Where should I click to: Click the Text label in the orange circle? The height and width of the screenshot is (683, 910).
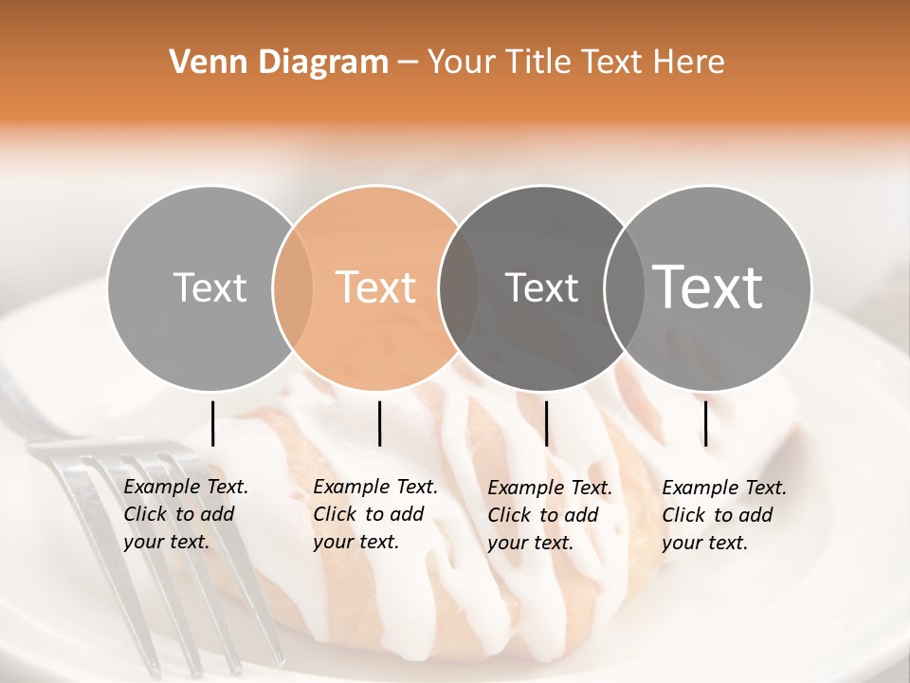pos(376,287)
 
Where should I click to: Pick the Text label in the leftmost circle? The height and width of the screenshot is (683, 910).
pos(209,287)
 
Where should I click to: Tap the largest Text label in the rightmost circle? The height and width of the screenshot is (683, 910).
pos(708,286)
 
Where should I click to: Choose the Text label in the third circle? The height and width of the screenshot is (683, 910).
pos(541,287)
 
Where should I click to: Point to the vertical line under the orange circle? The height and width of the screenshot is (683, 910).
pos(379,423)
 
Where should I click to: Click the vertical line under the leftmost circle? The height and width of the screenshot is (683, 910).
pos(212,423)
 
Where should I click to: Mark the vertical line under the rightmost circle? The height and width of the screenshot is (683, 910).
pos(706,423)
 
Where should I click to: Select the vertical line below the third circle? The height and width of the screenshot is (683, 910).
pos(546,423)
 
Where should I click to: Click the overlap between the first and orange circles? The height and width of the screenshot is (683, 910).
pos(293,287)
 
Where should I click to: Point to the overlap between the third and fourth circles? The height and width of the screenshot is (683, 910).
pos(623,287)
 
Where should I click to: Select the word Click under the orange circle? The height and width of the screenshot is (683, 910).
pos(335,515)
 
